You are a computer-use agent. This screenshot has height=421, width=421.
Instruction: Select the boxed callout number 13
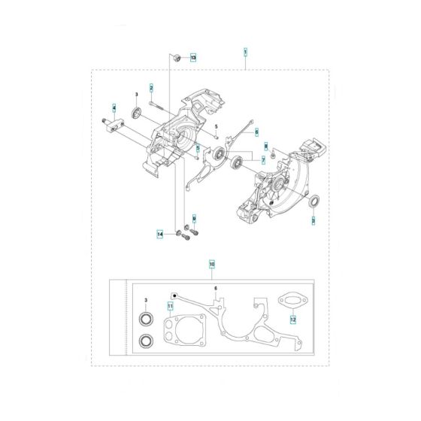193,57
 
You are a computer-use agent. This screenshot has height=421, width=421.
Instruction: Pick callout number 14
160,235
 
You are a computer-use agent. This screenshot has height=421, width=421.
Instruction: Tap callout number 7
262,160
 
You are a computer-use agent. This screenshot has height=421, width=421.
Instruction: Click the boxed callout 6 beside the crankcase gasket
256,132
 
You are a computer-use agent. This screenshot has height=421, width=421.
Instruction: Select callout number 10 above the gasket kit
212,265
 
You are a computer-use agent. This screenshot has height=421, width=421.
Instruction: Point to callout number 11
171,307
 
